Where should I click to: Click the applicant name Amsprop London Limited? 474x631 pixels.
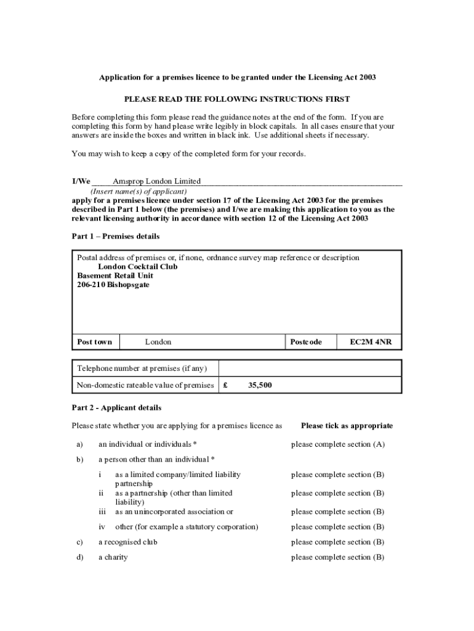point(156,181)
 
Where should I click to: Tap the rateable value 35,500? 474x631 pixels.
point(260,386)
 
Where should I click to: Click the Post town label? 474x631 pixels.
point(95,342)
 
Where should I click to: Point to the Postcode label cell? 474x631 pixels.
point(305,342)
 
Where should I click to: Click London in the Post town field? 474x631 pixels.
point(158,342)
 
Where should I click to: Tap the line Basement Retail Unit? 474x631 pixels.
point(115,276)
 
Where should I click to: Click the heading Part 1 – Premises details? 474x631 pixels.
point(116,237)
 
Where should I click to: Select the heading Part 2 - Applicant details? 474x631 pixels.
point(116,408)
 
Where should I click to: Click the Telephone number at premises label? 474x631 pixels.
point(142,368)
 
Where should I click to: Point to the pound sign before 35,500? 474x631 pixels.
point(227,386)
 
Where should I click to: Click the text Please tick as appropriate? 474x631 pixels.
point(347,426)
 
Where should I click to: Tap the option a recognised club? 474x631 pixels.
point(128,542)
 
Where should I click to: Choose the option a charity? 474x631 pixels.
point(113,558)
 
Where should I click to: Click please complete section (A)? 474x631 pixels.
point(338,444)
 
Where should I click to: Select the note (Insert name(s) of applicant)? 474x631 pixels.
point(139,191)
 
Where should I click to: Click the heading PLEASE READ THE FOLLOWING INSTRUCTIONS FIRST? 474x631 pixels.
point(237,99)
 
